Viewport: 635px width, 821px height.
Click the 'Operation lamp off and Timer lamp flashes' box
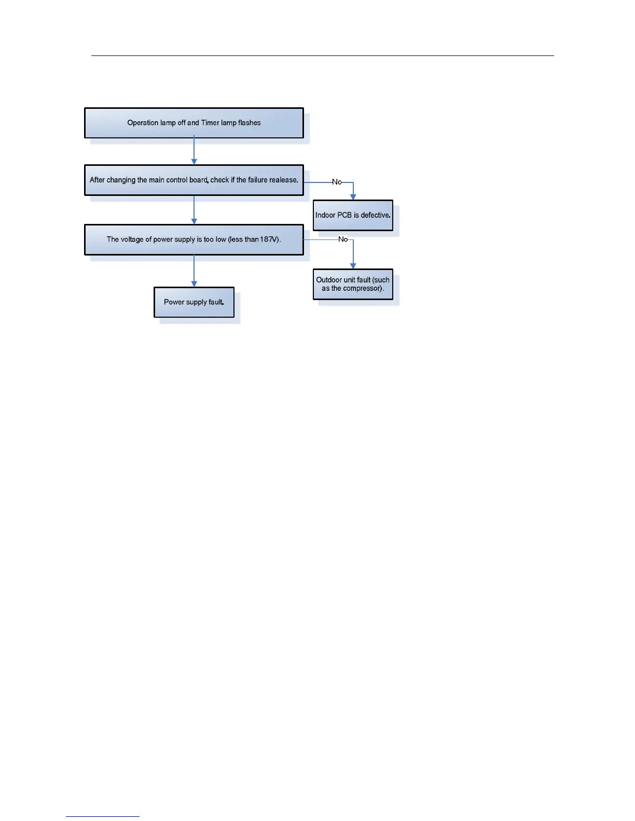(194, 123)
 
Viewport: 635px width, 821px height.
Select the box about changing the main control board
(194, 180)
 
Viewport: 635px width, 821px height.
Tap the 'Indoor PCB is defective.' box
(353, 215)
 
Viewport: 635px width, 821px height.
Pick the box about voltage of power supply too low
(194, 239)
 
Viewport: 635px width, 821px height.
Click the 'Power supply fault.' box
(194, 302)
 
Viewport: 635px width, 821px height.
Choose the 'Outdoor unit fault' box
(353, 284)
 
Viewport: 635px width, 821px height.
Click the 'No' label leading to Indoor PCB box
(337, 182)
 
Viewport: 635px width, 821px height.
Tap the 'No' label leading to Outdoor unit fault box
(343, 239)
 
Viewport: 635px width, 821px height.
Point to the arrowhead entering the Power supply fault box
(194, 284)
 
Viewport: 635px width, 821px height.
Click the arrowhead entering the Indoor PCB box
(353, 197)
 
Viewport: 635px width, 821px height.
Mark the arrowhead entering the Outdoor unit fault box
(353, 266)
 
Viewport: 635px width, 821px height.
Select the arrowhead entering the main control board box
(194, 162)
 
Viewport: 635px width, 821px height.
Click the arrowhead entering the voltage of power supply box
(194, 221)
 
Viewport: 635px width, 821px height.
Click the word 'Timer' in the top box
(210, 123)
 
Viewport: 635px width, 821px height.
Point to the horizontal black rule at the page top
(323, 55)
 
